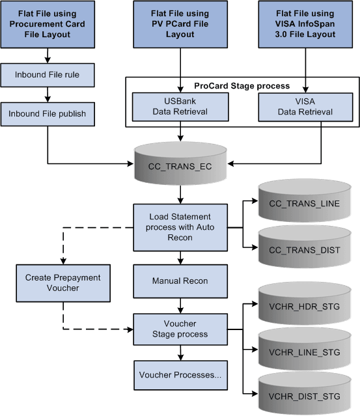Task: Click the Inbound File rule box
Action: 48,74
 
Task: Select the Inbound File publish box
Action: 48,113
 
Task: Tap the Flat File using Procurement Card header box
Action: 49,25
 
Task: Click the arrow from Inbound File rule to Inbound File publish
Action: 48,94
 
